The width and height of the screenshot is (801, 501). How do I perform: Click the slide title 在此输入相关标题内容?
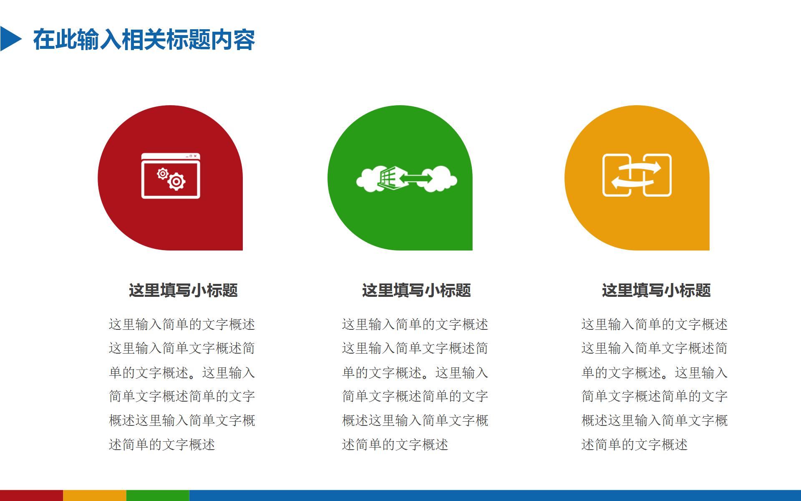[144, 40]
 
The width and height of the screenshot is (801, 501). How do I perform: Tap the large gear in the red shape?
[177, 182]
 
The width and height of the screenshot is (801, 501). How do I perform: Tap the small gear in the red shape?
[162, 173]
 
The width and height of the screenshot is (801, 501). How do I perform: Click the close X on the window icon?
[195, 156]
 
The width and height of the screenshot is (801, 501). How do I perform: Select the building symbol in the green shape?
[387, 179]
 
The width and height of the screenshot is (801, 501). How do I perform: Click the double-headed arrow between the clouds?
[416, 179]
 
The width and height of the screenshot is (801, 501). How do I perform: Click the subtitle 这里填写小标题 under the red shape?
[183, 290]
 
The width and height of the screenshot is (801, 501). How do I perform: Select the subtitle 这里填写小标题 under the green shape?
[416, 290]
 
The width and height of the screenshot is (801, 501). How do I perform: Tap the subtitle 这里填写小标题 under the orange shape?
[656, 290]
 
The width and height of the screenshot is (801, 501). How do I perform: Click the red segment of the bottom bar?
[31, 496]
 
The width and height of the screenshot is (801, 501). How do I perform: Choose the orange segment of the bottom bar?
[94, 496]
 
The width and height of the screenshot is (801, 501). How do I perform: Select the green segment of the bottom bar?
[157, 496]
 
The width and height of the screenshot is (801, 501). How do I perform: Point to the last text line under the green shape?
[395, 445]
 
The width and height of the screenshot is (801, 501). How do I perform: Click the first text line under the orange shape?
[654, 324]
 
